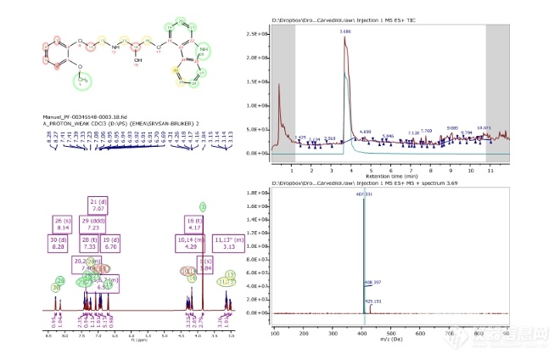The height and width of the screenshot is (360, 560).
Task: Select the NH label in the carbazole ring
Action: [x=202, y=53]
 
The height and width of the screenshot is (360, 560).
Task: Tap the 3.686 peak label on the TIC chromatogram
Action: [x=344, y=31]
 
